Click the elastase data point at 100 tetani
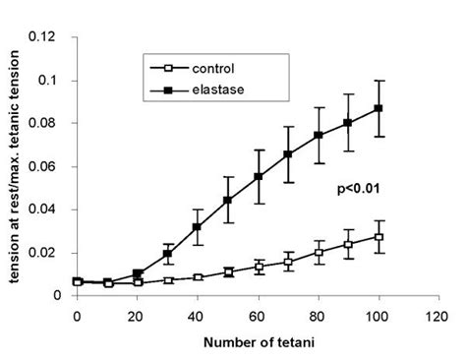coord(379,108)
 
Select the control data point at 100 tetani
coord(379,237)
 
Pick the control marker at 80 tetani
coord(319,252)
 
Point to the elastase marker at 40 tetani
coord(198,227)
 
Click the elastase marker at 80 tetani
coord(319,135)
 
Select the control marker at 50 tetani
coord(228,271)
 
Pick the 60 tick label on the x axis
coord(259,317)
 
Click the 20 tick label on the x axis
coord(138,317)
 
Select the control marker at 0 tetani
coord(77,281)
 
